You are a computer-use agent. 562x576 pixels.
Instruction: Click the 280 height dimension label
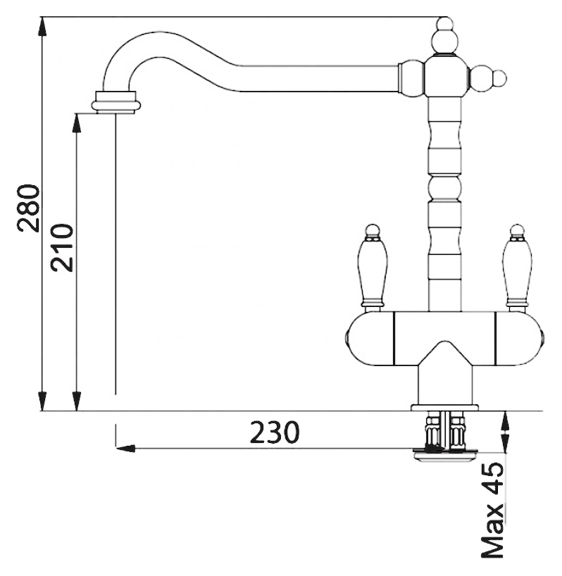tap(29, 208)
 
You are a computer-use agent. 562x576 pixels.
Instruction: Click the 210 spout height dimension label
tap(62, 247)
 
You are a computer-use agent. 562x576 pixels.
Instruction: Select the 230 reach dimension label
tap(275, 432)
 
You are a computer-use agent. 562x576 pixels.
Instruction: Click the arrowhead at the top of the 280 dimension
tap(43, 27)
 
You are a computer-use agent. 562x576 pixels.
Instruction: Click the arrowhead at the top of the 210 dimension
tap(77, 123)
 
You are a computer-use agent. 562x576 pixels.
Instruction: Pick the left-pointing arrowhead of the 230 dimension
tap(125, 448)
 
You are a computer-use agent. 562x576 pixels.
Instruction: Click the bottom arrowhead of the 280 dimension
tap(43, 401)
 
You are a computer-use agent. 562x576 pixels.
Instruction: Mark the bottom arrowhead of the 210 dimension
tap(77, 401)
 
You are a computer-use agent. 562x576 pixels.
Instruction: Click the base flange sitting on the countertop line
tap(445, 408)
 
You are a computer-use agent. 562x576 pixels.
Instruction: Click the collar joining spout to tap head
tap(412, 79)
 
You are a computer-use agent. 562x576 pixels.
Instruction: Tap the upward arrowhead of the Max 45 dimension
tap(506, 421)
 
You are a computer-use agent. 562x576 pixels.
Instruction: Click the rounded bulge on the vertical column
tap(444, 189)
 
